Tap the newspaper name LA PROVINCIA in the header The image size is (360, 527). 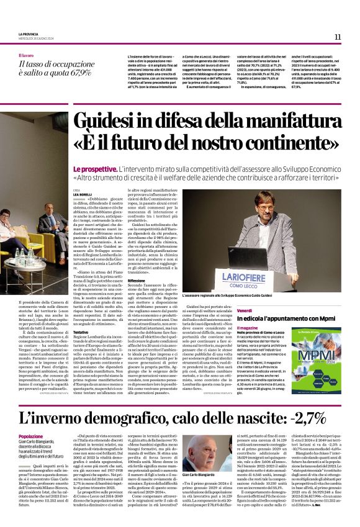29,34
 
